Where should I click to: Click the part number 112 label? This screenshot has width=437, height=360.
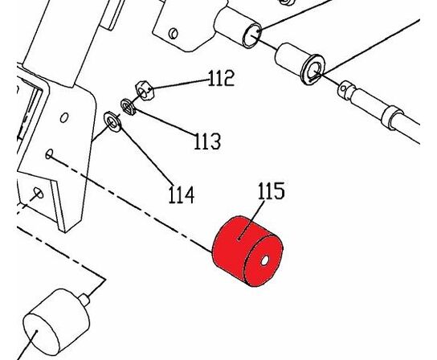pyautogui.click(x=221, y=78)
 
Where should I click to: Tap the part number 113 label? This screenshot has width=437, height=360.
pyautogui.click(x=207, y=141)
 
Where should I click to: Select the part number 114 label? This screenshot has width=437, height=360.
pyautogui.click(x=182, y=194)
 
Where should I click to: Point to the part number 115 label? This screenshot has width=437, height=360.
pyautogui.click(x=272, y=190)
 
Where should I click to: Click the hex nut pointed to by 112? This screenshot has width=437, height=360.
pyautogui.click(x=145, y=90)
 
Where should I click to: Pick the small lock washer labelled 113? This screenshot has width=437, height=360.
pyautogui.click(x=129, y=107)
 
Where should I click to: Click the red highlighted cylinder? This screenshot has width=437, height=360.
pyautogui.click(x=247, y=252)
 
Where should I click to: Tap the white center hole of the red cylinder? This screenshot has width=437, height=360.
pyautogui.click(x=264, y=260)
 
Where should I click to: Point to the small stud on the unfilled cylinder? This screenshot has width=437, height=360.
pyautogui.click(x=84, y=300)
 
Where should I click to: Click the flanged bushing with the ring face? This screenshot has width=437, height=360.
pyautogui.click(x=300, y=64)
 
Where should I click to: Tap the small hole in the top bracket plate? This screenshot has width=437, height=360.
pyautogui.click(x=174, y=33)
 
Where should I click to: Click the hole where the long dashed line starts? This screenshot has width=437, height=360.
pyautogui.click(x=49, y=154)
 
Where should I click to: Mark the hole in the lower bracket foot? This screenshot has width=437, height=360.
pyautogui.click(x=39, y=192)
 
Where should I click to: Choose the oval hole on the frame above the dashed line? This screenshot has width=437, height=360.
pyautogui.click(x=64, y=117)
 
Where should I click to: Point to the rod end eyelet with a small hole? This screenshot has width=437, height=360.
pyautogui.click(x=346, y=88)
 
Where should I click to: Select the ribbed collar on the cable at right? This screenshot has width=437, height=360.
pyautogui.click(x=392, y=117)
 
